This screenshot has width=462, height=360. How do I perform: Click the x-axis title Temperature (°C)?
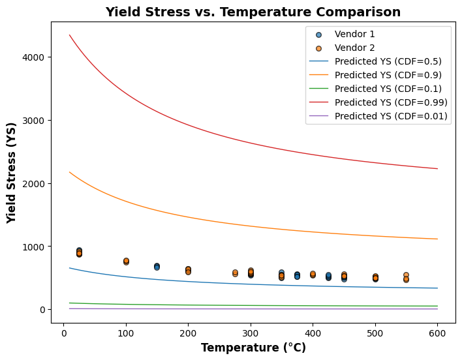point(253,348)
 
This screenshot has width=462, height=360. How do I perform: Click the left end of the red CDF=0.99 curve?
point(70,35)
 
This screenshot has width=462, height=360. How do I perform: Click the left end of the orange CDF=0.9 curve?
point(70,172)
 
